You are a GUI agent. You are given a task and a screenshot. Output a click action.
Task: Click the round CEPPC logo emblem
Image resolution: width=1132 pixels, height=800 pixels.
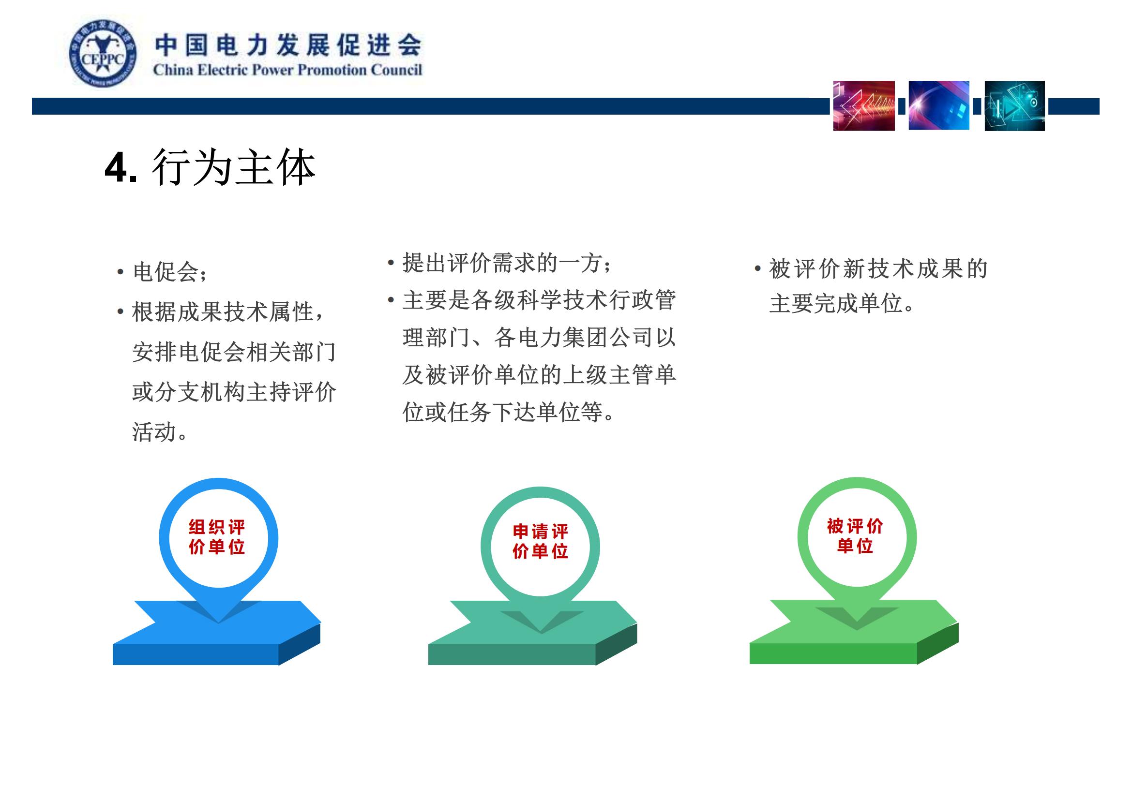pos(103,54)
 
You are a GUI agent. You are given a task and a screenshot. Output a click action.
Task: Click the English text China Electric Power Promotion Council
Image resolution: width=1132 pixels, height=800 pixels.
pos(287,70)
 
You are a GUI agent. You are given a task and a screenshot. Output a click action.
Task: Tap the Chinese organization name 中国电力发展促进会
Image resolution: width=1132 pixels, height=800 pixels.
pos(288,45)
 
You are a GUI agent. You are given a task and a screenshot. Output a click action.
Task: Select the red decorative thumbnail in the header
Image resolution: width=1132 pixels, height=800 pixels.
pos(864,105)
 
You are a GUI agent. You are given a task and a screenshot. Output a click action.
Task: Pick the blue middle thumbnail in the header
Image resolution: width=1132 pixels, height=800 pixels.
pos(939,105)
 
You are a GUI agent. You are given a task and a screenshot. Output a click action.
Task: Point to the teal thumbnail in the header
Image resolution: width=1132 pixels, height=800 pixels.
pos(1015,106)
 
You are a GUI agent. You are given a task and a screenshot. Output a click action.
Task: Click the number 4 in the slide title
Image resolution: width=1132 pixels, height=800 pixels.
pos(116,168)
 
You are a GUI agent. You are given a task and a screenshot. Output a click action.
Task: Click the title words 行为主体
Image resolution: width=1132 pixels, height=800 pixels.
pos(234,167)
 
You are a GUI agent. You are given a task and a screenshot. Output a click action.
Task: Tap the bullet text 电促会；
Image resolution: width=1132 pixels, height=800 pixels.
pos(170,272)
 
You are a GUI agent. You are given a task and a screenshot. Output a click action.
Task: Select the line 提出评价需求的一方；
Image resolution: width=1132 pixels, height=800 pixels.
pos(507,263)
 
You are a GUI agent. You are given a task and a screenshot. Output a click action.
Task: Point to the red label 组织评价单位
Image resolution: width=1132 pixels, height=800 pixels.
pos(217,537)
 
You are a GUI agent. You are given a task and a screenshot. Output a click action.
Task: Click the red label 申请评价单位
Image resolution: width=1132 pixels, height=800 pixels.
pos(541,541)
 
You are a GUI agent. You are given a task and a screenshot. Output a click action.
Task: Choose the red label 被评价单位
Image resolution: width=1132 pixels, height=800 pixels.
pos(855,535)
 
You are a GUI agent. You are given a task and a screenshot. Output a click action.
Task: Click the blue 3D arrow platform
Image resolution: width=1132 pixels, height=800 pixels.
pos(217,633)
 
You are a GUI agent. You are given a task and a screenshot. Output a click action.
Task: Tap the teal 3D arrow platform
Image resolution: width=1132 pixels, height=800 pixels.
pos(532,633)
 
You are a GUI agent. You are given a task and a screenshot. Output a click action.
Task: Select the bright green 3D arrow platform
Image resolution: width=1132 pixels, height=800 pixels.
pos(854,632)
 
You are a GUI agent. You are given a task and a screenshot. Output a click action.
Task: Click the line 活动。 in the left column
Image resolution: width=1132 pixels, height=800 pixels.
pos(160,431)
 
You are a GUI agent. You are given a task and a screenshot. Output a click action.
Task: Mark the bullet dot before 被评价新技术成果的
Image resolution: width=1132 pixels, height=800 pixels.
pos(757,269)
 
